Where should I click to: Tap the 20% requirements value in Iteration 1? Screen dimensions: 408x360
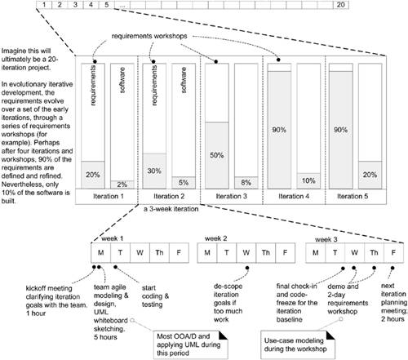[93, 174]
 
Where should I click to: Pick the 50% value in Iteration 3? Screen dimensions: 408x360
[216, 155]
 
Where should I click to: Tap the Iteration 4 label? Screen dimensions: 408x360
[291, 197]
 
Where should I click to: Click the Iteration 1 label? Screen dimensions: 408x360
[106, 197]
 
